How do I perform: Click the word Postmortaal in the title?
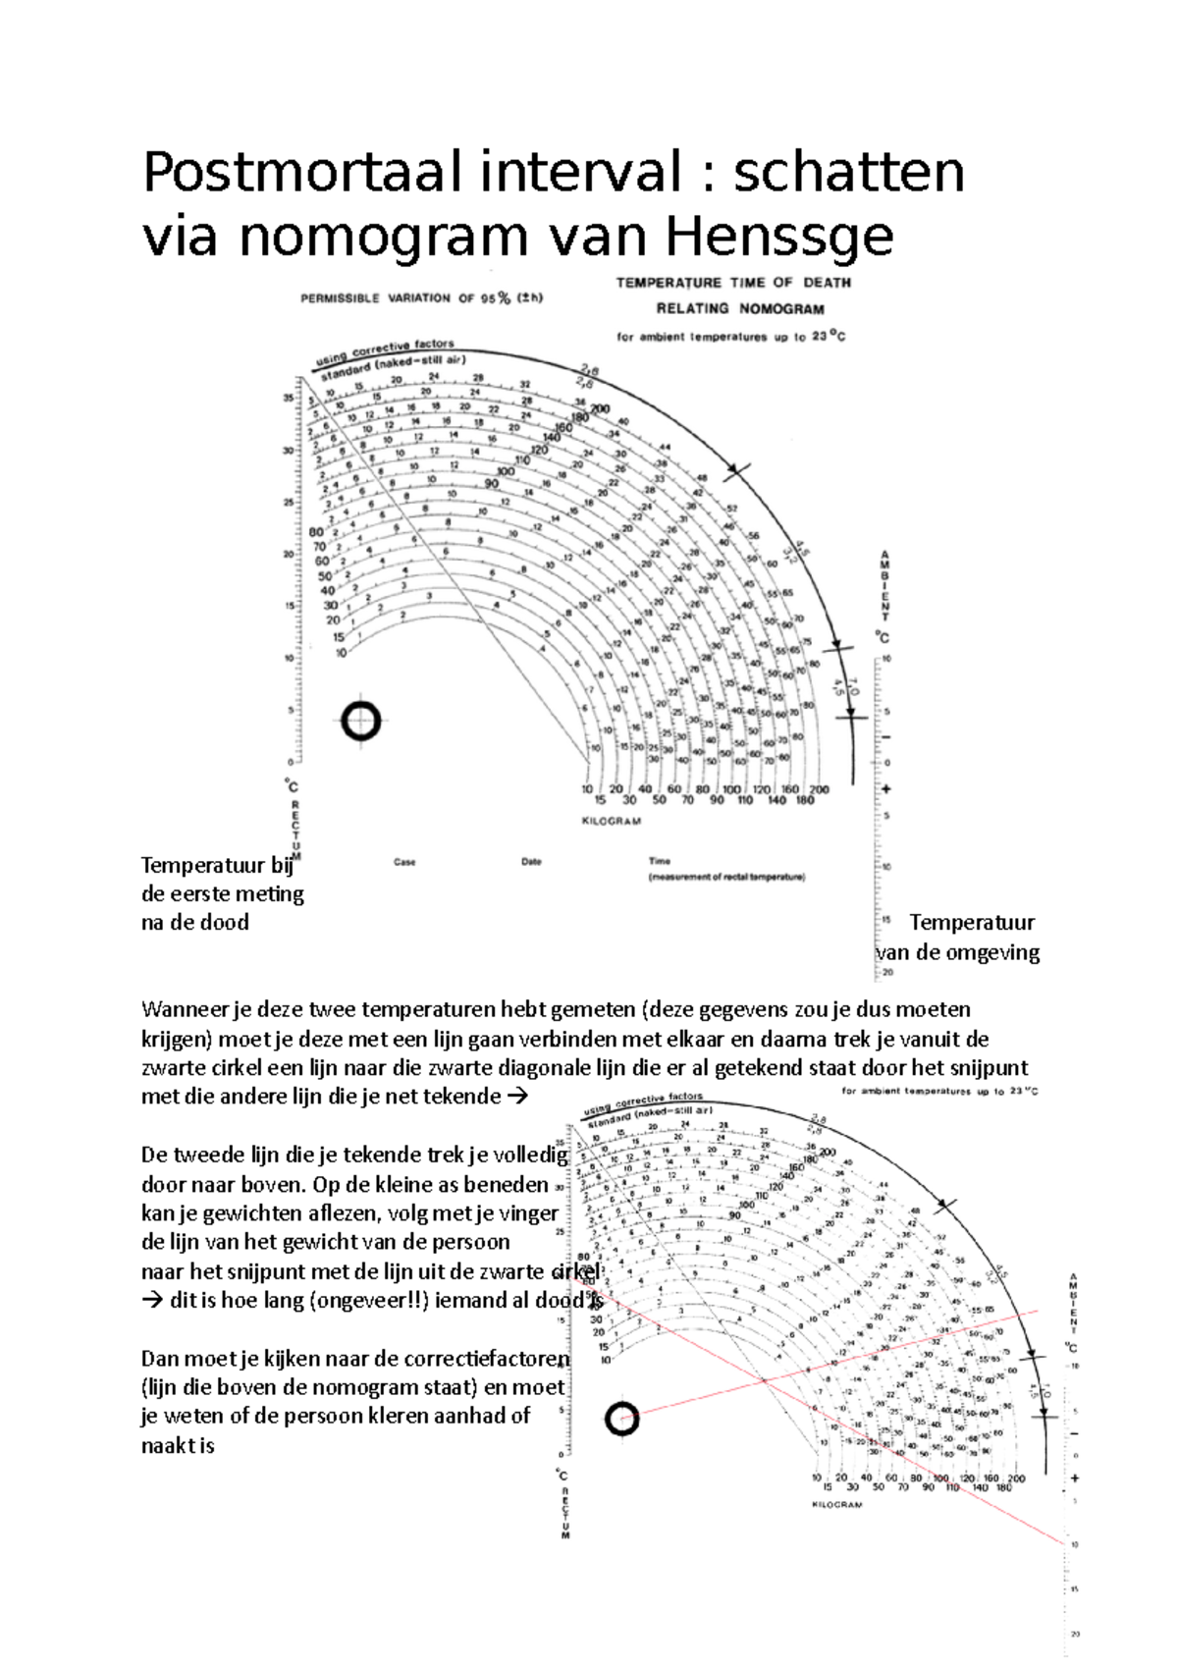[301, 173]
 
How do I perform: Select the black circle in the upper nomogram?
[360, 722]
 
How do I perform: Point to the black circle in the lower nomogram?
[621, 1419]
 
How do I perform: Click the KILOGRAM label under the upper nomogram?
[611, 821]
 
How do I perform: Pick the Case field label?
[404, 862]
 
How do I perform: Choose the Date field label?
[531, 862]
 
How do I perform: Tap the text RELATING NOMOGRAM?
[739, 308]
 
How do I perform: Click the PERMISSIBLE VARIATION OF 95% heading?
[421, 298]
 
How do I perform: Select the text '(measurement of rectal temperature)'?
[726, 877]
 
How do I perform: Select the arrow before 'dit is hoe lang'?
[152, 1301]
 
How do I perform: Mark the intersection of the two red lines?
[764, 1380]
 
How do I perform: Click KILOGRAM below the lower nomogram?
[836, 1504]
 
